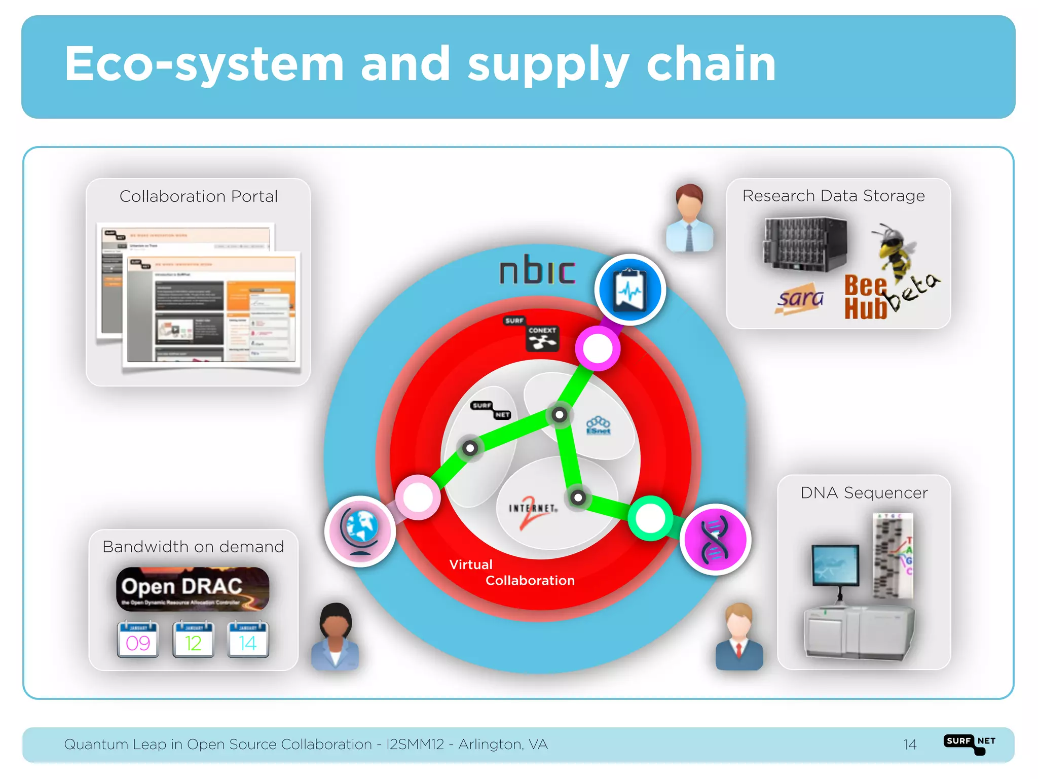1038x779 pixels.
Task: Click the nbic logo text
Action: pyautogui.click(x=537, y=270)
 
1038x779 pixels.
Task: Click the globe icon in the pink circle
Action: pyautogui.click(x=360, y=531)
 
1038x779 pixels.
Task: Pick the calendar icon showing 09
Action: pyautogui.click(x=138, y=640)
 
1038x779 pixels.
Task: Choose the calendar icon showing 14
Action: pyautogui.click(x=248, y=640)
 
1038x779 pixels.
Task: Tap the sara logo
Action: pyautogui.click(x=800, y=299)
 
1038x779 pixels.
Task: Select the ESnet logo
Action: pyautogui.click(x=599, y=426)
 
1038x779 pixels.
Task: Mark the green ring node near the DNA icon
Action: pyautogui.click(x=650, y=518)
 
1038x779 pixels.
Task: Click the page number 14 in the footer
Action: pyautogui.click(x=910, y=745)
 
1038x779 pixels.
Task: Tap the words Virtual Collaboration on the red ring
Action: pyautogui.click(x=512, y=573)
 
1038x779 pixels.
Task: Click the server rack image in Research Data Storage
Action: pyautogui.click(x=805, y=245)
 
